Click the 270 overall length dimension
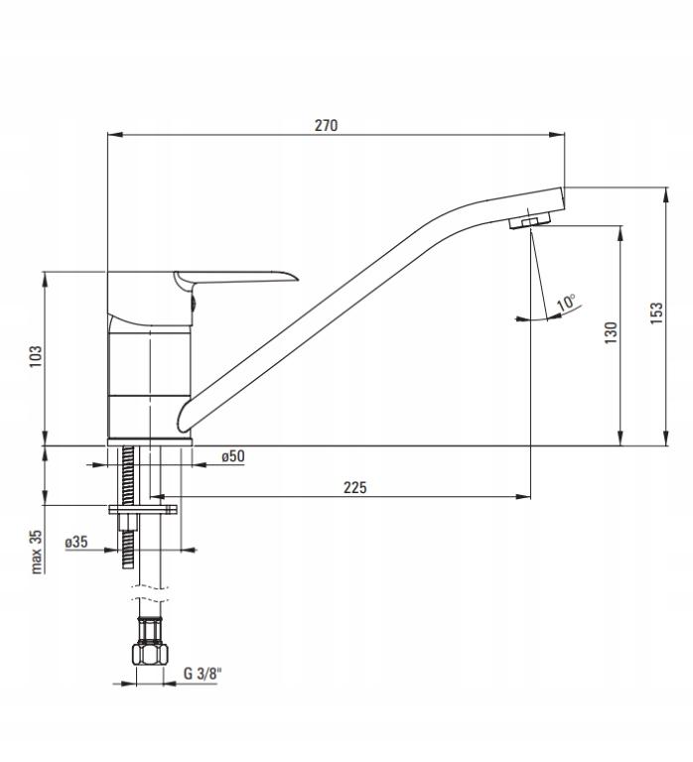click(x=327, y=125)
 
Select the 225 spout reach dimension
click(x=355, y=486)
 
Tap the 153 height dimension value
click(x=656, y=315)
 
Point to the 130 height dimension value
click(x=612, y=332)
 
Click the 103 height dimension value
click(x=36, y=355)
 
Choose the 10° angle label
click(x=567, y=302)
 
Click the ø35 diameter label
click(x=76, y=543)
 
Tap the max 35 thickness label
click(x=37, y=552)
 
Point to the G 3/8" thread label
click(x=203, y=675)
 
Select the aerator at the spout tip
click(x=530, y=219)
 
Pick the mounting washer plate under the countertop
click(x=142, y=510)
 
